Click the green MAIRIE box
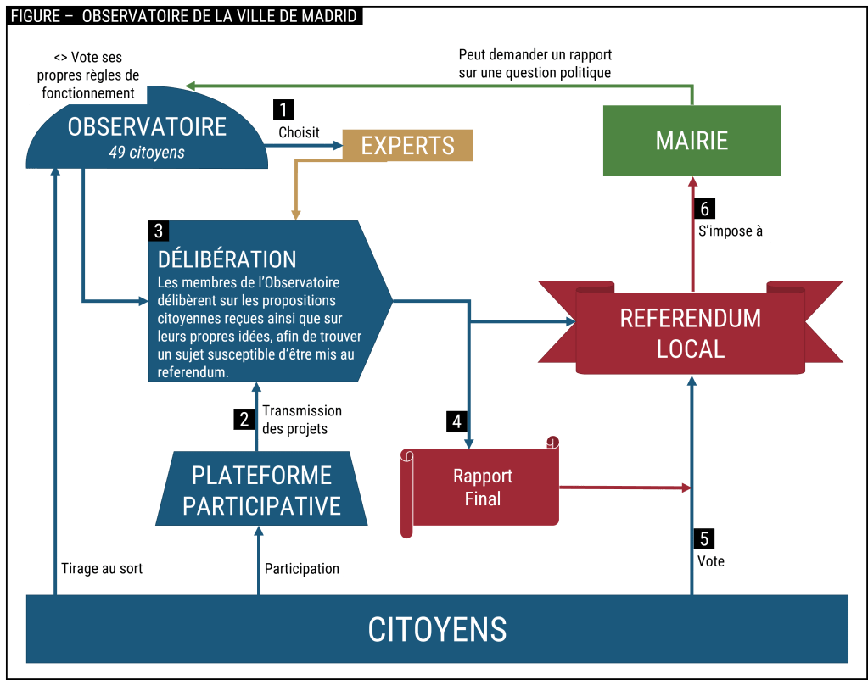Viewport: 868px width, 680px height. (x=692, y=140)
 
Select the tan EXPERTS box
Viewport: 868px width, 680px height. (x=407, y=145)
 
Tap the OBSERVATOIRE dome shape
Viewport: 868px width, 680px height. (x=148, y=137)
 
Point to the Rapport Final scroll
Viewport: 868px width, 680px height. (x=482, y=488)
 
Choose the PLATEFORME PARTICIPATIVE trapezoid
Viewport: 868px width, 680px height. (x=261, y=490)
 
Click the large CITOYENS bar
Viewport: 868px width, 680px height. (x=437, y=629)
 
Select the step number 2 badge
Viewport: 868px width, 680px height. (x=244, y=419)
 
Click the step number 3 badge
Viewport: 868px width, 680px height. (x=158, y=230)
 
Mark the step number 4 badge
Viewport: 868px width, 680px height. (x=456, y=421)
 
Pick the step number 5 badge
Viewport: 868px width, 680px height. (x=704, y=538)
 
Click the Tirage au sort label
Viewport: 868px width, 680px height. (x=103, y=568)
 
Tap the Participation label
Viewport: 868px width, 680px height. (x=302, y=568)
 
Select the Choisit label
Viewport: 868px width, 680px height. (x=299, y=132)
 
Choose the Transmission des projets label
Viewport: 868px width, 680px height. (x=302, y=420)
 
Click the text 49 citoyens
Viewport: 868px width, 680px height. (x=147, y=153)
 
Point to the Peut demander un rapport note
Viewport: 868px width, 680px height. (x=535, y=64)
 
